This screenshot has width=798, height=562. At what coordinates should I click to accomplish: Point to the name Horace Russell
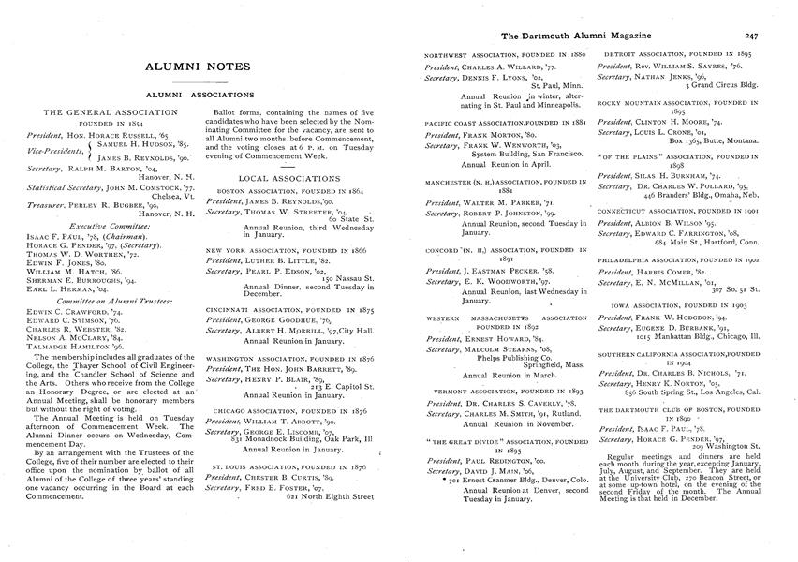click(x=118, y=133)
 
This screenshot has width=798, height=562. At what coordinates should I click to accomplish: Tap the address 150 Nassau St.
click(x=347, y=278)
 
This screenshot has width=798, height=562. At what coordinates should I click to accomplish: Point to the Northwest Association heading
click(x=505, y=57)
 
